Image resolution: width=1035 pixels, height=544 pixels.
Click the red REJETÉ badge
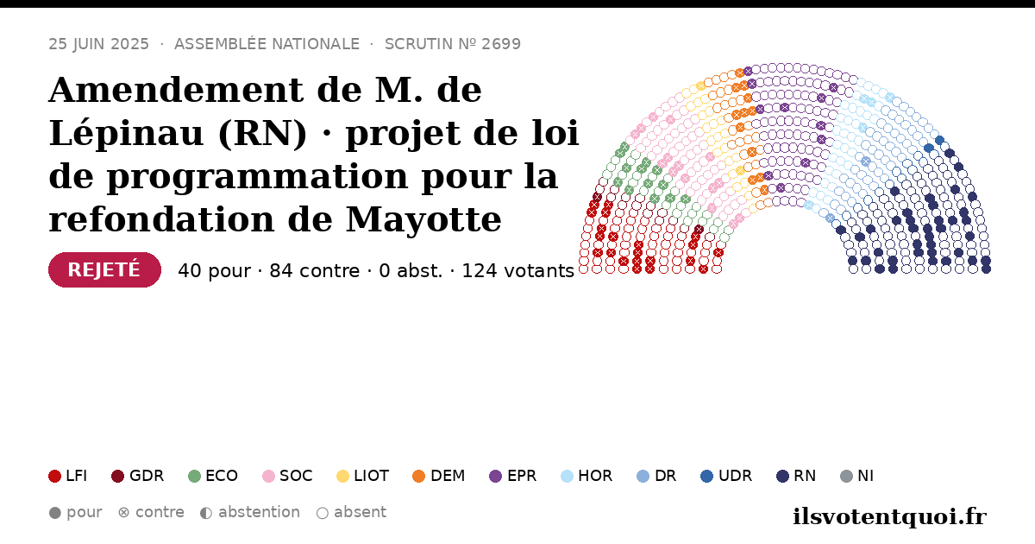click(104, 269)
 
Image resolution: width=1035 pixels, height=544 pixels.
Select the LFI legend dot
click(54, 476)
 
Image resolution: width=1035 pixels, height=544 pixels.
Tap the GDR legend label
click(147, 476)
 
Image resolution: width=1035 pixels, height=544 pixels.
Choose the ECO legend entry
click(213, 476)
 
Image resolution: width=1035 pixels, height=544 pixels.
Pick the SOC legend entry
click(287, 476)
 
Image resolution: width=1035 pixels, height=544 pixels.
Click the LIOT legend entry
click(363, 476)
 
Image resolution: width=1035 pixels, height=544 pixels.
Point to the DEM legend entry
click(438, 476)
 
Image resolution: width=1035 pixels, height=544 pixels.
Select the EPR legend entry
click(513, 476)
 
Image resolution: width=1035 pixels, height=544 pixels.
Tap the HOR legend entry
click(586, 476)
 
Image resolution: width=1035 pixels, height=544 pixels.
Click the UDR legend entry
click(726, 476)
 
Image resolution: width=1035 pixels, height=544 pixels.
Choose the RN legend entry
click(796, 476)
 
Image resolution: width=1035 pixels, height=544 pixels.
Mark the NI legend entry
click(857, 476)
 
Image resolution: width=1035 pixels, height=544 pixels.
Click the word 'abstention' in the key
click(260, 512)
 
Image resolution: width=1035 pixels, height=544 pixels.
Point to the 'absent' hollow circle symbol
click(323, 513)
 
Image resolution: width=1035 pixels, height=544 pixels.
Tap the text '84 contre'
click(314, 270)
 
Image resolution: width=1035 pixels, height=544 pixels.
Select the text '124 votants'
click(518, 270)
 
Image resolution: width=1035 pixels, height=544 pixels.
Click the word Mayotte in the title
click(423, 219)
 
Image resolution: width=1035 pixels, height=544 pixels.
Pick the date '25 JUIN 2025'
click(99, 44)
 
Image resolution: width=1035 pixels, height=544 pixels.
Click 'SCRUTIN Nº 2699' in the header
click(453, 44)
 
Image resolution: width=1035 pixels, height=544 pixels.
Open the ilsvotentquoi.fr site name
click(890, 516)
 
